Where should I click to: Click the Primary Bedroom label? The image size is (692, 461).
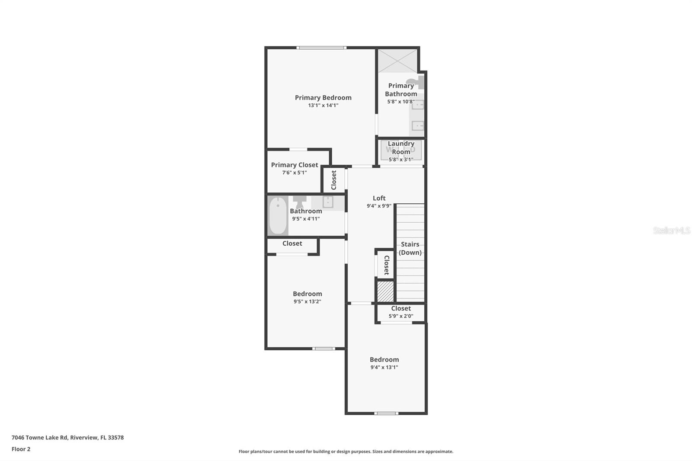point(323,98)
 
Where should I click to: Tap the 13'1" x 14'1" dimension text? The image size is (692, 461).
point(323,106)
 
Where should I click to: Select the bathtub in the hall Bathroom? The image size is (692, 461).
point(278,215)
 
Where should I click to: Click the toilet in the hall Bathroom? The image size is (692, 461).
point(299,202)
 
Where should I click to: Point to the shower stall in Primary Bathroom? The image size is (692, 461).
point(398,61)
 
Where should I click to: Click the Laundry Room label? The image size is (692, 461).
point(401,148)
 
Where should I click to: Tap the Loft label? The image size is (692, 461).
point(379,198)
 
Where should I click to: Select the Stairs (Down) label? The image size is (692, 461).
point(410,248)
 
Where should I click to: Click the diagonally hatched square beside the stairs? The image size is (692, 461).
point(385,291)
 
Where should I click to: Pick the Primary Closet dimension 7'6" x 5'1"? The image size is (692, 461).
point(295,173)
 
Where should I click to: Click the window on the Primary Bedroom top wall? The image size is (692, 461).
point(321,48)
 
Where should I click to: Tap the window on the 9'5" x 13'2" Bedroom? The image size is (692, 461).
point(324,349)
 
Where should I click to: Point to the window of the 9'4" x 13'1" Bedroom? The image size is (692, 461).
point(386,413)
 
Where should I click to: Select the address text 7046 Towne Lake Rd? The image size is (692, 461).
point(39,438)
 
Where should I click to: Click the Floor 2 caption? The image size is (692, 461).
point(21,449)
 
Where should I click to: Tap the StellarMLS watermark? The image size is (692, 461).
point(672,230)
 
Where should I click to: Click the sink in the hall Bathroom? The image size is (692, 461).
point(328,202)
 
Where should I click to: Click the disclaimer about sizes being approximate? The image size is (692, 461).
point(346,451)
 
